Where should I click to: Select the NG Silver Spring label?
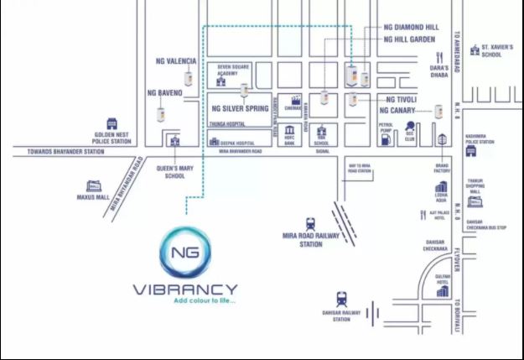click(x=240, y=108)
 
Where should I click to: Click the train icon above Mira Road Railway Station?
click(x=310, y=223)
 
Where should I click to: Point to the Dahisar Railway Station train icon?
click(x=341, y=298)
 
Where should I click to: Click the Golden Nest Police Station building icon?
click(x=112, y=124)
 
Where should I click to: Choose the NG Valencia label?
click(x=176, y=61)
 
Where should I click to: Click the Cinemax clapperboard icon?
click(x=296, y=100)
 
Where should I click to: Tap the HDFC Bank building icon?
click(x=290, y=132)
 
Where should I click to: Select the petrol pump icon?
click(x=387, y=139)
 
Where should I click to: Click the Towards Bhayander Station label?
click(x=58, y=152)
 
